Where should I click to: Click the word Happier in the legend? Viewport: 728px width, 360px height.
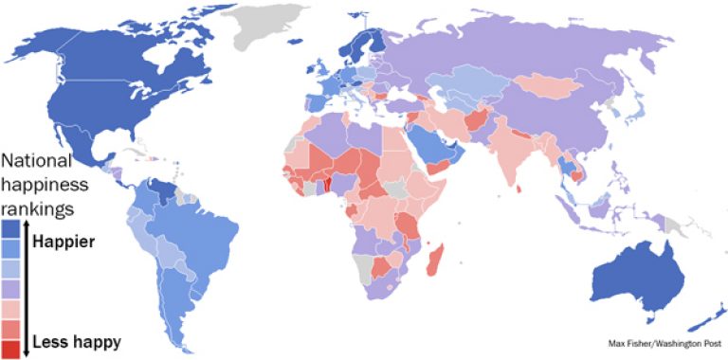64,243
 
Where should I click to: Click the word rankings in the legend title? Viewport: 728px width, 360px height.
39,206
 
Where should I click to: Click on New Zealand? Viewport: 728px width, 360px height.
706,317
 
